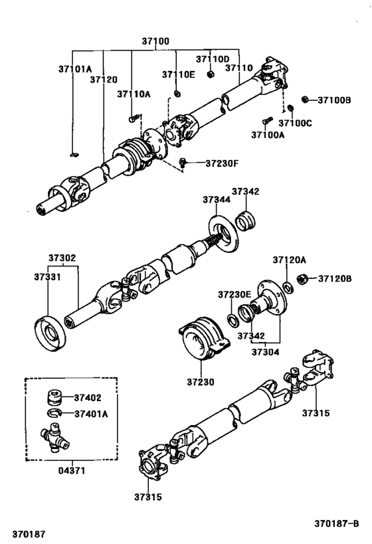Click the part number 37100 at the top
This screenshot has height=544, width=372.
[155, 41]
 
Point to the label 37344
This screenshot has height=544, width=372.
[217, 199]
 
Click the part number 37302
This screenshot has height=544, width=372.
[61, 258]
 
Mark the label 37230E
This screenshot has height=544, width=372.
[234, 294]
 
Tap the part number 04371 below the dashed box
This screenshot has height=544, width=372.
[71, 470]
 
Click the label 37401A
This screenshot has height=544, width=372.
[92, 414]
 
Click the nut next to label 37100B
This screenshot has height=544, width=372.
[304, 100]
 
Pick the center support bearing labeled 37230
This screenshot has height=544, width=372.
[202, 344]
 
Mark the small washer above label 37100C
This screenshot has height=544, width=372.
[290, 108]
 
